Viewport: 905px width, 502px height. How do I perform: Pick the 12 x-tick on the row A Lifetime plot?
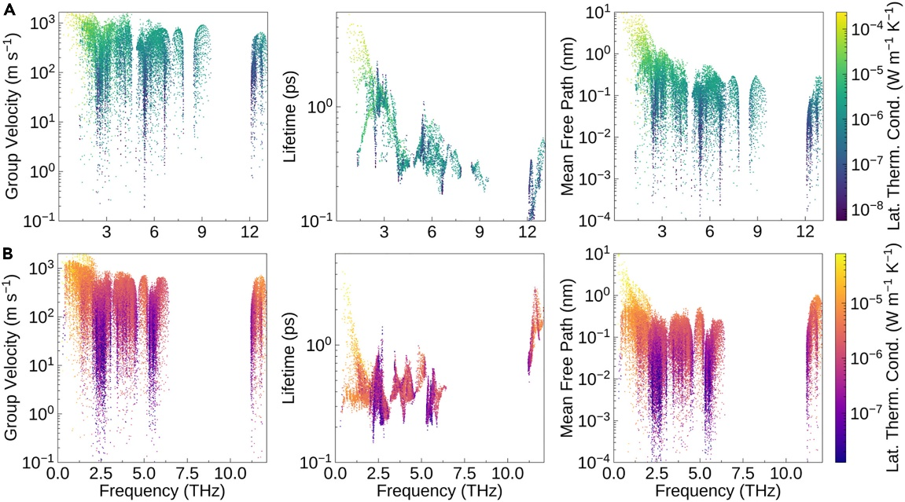pyautogui.click(x=528, y=233)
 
